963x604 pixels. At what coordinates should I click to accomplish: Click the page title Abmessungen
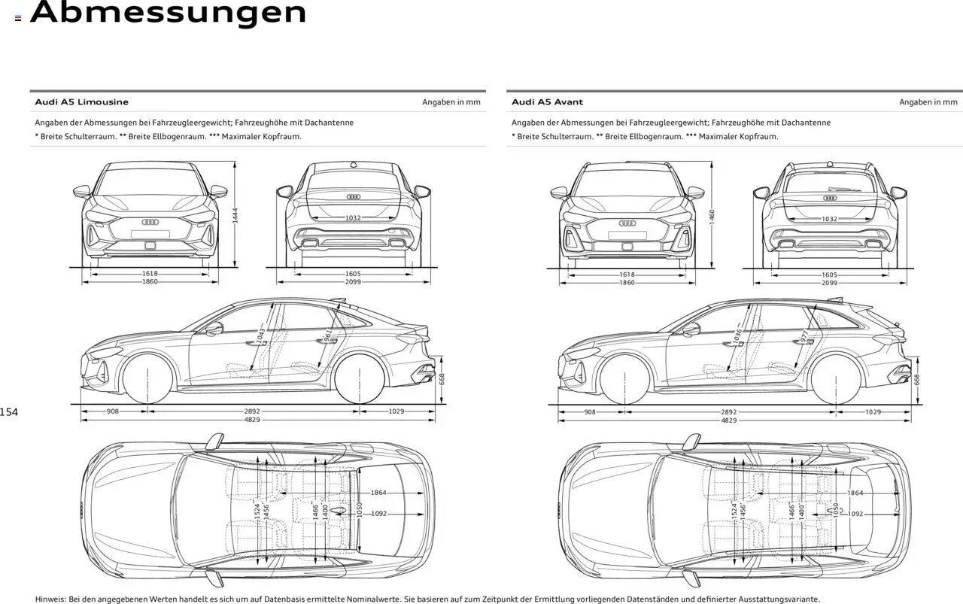[168, 13]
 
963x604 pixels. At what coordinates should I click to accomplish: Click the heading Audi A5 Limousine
[81, 102]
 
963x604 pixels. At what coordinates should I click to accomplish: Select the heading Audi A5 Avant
[547, 102]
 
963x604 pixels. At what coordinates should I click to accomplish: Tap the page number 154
[9, 411]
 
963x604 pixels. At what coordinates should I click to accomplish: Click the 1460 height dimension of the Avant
[712, 215]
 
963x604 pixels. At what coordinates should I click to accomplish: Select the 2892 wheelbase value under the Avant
[728, 412]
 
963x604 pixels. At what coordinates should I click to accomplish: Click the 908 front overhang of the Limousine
[112, 411]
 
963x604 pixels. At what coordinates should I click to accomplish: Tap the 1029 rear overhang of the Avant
[873, 412]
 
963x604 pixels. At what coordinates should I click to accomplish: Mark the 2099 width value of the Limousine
[353, 282]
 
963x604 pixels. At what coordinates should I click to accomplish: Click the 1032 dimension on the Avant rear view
[829, 219]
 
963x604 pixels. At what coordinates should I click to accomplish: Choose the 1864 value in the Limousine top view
[378, 493]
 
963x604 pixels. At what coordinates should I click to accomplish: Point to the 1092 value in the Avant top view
[855, 514]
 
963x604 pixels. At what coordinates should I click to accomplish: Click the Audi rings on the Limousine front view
[150, 222]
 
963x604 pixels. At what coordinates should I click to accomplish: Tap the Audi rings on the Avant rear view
[829, 198]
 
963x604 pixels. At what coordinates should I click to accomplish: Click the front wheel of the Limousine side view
[147, 379]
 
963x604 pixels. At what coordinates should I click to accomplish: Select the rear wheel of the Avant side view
[835, 379]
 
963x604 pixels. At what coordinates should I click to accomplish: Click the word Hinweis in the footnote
[50, 599]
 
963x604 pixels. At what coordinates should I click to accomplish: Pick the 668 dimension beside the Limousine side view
[442, 379]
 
